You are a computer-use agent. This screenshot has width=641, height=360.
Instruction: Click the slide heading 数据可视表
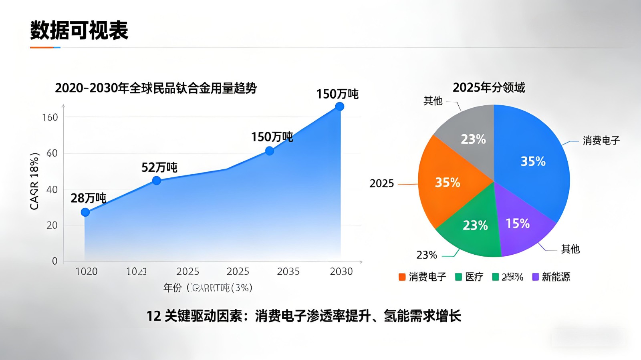click(79, 30)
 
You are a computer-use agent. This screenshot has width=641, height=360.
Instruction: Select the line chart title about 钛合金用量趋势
click(156, 88)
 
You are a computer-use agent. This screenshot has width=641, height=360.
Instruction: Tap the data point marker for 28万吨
click(85, 212)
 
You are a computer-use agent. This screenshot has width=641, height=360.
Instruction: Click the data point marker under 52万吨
click(157, 181)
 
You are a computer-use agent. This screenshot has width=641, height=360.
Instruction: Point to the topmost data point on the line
click(340, 107)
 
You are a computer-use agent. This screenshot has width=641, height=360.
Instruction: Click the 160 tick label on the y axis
click(50, 117)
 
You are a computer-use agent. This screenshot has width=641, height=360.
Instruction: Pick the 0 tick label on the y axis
click(55, 261)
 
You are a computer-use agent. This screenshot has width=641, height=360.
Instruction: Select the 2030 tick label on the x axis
click(341, 272)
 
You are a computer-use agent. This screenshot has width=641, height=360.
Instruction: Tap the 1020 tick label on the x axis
click(87, 272)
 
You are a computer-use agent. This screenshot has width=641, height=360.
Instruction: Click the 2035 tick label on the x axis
click(288, 272)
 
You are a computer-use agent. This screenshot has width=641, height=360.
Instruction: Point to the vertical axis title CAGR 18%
click(34, 181)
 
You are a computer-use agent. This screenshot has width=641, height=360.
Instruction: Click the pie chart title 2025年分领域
click(489, 87)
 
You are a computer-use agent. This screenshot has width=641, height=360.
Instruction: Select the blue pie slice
click(533, 160)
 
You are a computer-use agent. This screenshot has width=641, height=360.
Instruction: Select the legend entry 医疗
click(469, 277)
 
